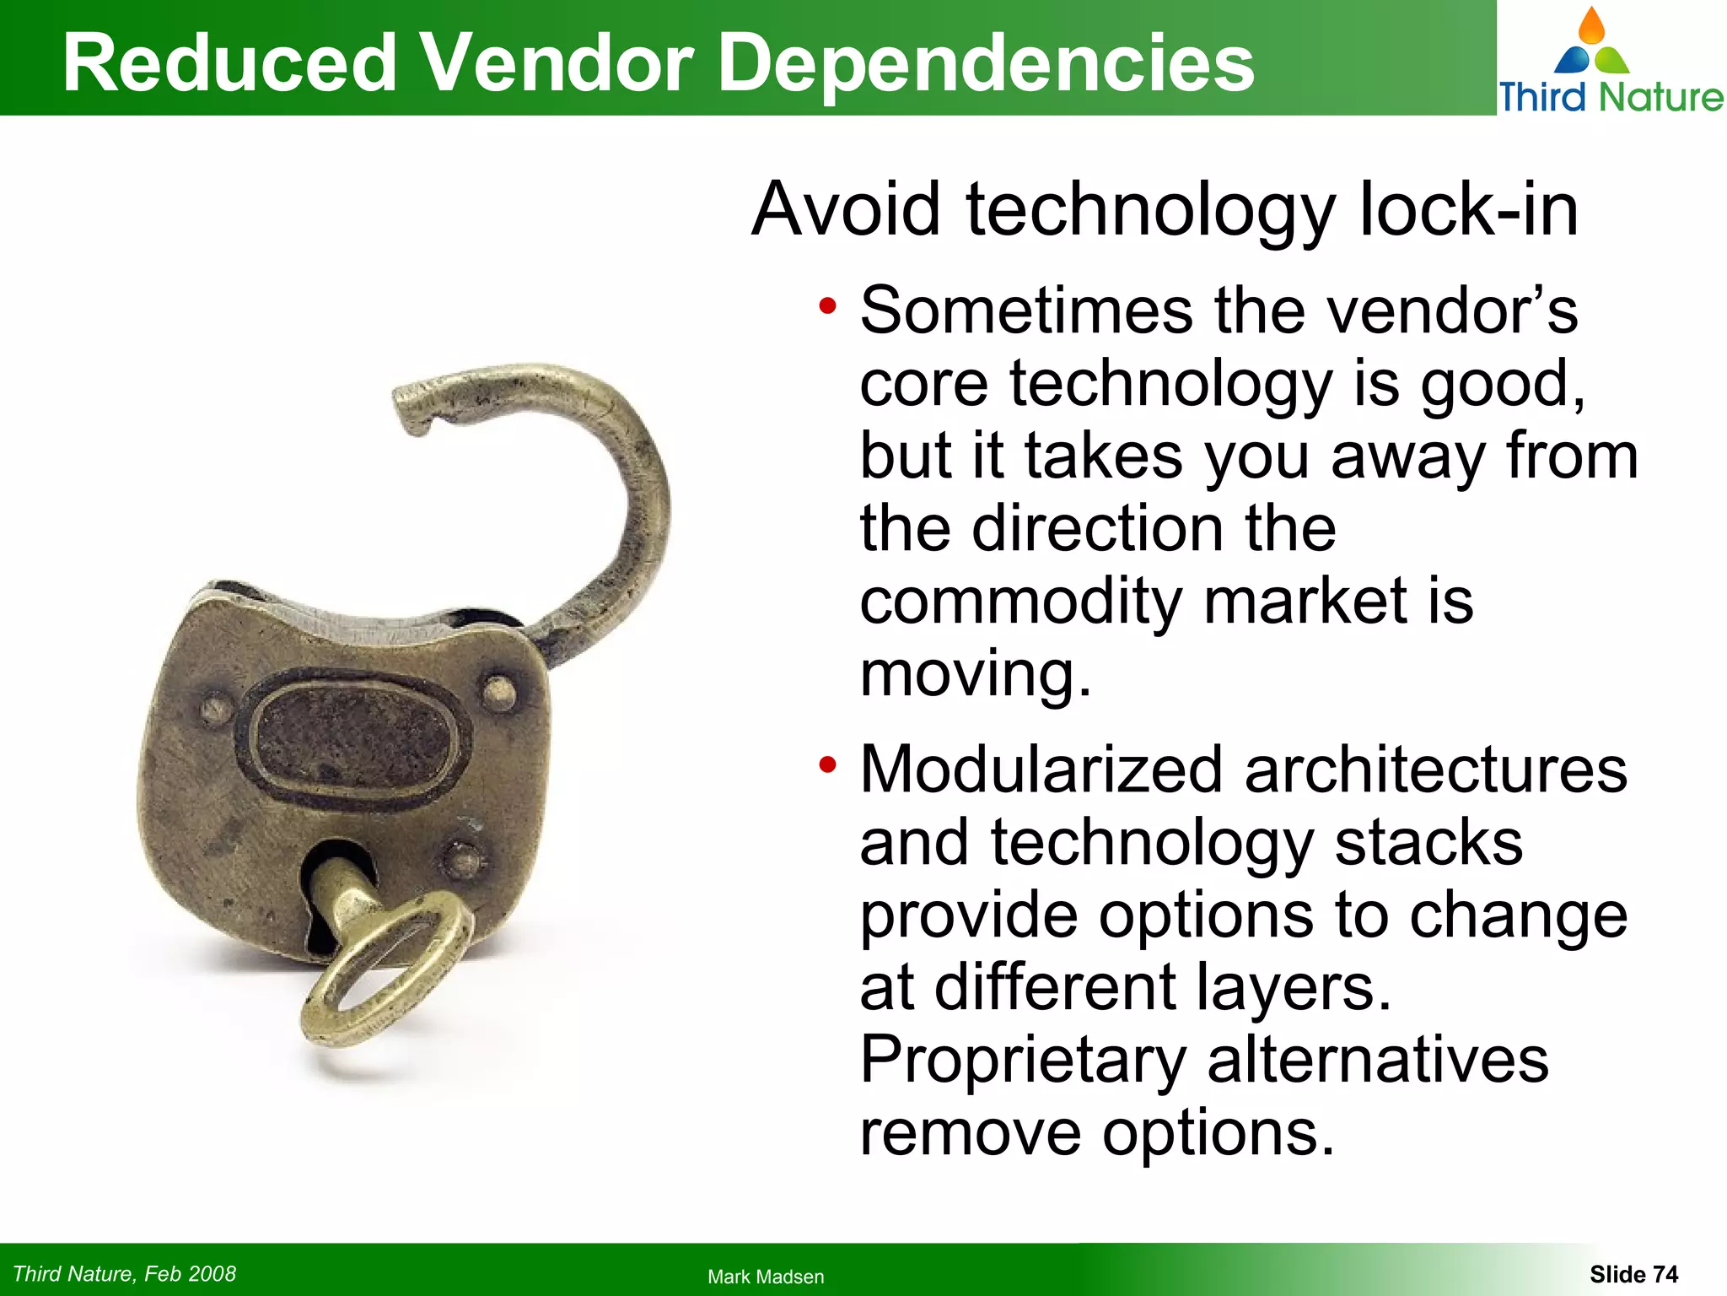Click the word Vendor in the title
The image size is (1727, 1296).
click(x=557, y=63)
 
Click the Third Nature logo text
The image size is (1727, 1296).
click(x=1611, y=97)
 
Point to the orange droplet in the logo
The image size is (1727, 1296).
click(x=1592, y=25)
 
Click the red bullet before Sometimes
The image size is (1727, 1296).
click(x=827, y=305)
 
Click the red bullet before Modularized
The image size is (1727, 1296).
click(x=827, y=764)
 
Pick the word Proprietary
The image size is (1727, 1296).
click(x=1023, y=1061)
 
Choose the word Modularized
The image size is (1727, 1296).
click(x=1041, y=769)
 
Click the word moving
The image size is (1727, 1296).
click(x=975, y=674)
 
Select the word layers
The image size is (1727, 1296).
click(x=1293, y=989)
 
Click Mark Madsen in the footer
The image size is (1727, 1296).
click(x=766, y=1277)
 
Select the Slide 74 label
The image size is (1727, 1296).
click(x=1633, y=1274)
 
